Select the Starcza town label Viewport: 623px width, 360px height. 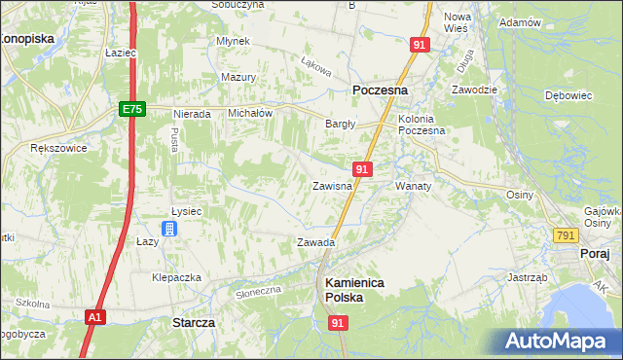point(193,321)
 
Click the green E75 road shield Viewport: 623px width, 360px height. point(133,110)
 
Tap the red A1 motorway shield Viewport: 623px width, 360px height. point(93,316)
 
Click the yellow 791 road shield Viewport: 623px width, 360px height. point(566,236)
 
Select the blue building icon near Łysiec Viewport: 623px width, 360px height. point(169,229)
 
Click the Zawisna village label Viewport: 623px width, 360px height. point(331,185)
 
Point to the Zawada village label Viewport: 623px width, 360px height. point(316,242)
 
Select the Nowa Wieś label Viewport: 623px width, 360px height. point(458,23)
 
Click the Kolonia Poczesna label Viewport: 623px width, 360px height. point(421,124)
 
